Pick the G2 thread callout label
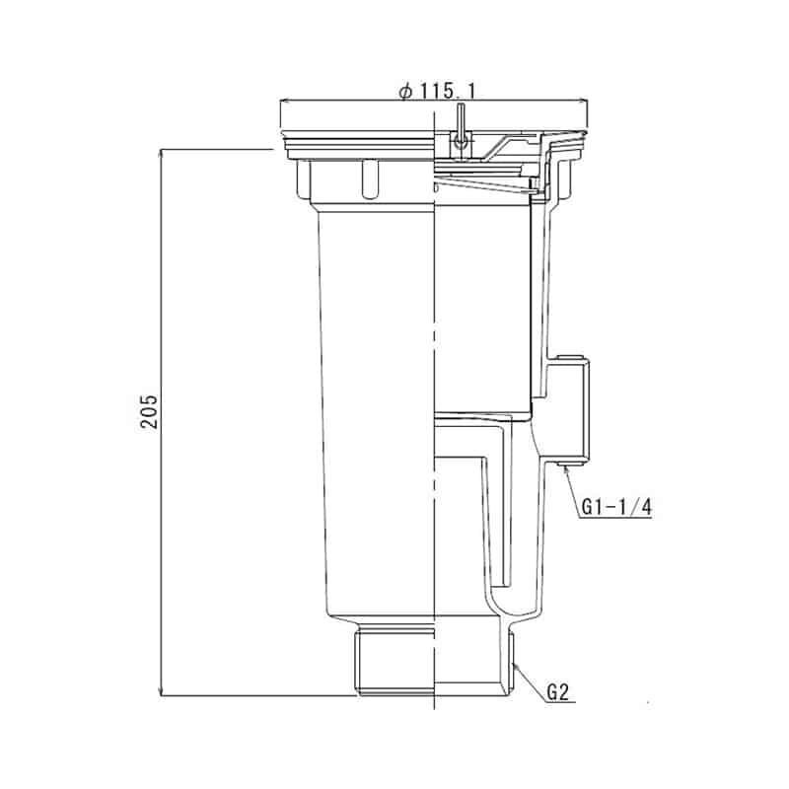[558, 691]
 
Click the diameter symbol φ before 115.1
[404, 91]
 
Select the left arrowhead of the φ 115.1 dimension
[285, 100]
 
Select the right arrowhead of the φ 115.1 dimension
[585, 100]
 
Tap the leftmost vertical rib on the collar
[302, 179]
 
